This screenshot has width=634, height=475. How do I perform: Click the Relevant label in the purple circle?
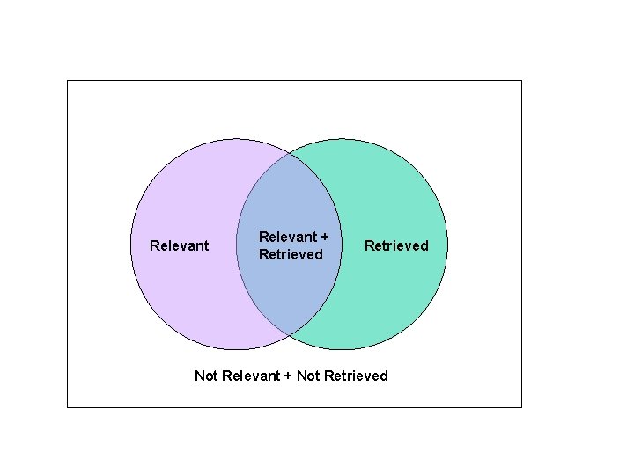click(180, 245)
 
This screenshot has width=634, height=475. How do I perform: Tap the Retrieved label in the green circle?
click(396, 245)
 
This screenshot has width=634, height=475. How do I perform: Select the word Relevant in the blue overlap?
click(288, 237)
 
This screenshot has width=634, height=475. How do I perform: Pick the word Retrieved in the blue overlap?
click(291, 255)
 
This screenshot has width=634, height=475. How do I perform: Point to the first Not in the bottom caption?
click(206, 376)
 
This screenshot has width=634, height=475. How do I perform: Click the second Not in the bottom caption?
click(308, 376)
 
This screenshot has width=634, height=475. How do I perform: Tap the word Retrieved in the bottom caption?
click(356, 376)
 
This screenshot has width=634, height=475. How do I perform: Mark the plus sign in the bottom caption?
click(289, 376)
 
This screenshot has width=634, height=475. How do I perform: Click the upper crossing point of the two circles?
click(289, 152)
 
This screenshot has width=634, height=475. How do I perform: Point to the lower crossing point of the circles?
click(289, 335)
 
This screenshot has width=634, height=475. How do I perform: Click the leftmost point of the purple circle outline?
click(130, 244)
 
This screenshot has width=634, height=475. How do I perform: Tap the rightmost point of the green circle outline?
click(447, 244)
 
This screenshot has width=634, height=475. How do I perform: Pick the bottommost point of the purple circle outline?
click(236, 349)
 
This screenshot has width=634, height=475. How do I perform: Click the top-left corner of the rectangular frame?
click(67, 80)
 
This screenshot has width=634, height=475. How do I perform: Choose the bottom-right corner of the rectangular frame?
click(521, 407)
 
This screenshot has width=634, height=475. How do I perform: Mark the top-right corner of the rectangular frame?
click(521, 80)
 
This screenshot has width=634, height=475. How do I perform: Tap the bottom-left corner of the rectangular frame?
click(67, 407)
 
